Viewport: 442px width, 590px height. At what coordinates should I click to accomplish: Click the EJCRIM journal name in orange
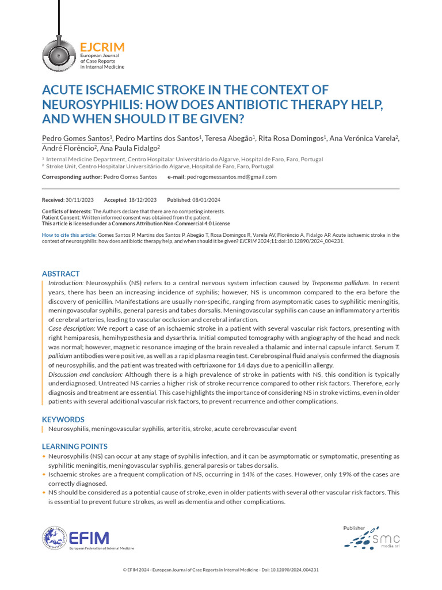point(102,47)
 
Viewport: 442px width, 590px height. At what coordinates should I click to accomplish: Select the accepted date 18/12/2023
point(143,200)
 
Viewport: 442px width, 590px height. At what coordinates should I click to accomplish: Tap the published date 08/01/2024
point(207,200)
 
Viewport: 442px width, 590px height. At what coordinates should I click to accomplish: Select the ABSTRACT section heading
point(60,274)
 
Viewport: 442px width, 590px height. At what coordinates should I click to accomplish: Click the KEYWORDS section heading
point(63,419)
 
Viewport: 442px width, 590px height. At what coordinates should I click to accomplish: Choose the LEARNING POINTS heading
point(74,447)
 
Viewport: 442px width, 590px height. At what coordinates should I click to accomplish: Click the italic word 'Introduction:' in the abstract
point(66,283)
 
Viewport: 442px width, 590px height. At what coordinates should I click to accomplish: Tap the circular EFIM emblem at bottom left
point(54,538)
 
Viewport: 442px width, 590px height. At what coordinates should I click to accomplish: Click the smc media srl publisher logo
point(371,538)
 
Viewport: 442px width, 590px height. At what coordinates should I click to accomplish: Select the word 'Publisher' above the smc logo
point(355,527)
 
